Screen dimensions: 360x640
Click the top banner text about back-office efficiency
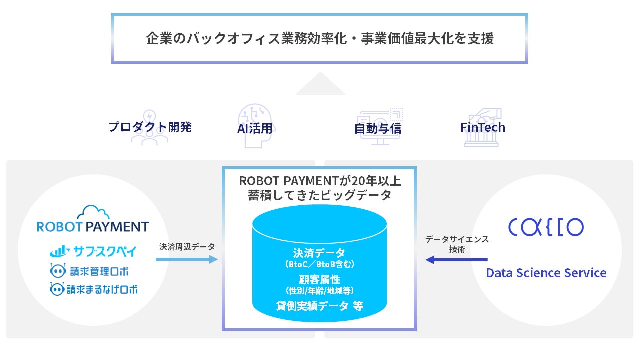pyautogui.click(x=320, y=39)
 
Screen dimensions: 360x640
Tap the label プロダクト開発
pyautogui.click(x=150, y=127)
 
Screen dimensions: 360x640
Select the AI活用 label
pyautogui.click(x=255, y=128)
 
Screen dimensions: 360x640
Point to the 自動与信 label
pyautogui.click(x=378, y=128)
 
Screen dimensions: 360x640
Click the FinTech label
pyautogui.click(x=483, y=127)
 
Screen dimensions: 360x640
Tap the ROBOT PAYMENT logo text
pyautogui.click(x=93, y=227)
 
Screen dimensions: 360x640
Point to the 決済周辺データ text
pyautogui.click(x=187, y=247)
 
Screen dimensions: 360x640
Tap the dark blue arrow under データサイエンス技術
pyautogui.click(x=456, y=260)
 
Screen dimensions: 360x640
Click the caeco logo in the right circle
pyautogui.click(x=546, y=227)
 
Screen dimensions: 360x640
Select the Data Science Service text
pyautogui.click(x=546, y=273)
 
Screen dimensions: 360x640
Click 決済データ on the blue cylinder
pyautogui.click(x=319, y=252)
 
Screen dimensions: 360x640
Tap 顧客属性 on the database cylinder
pyautogui.click(x=319, y=279)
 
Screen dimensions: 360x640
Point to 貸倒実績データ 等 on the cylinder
pyautogui.click(x=319, y=306)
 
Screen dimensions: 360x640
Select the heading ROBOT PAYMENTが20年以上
pyautogui.click(x=319, y=181)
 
